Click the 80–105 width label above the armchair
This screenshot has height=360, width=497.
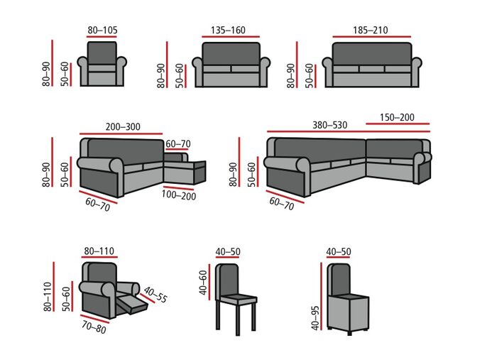tap(102, 30)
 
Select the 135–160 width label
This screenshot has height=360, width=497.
tap(228, 30)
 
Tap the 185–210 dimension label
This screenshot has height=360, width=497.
tap(370, 30)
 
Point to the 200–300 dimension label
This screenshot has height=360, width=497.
tap(123, 127)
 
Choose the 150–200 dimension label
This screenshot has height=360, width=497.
tap(398, 117)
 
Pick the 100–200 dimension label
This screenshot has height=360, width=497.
tap(178, 195)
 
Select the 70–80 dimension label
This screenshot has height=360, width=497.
tap(94, 327)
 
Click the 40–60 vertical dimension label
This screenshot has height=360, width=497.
tap(203, 283)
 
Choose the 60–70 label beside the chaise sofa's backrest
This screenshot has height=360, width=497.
tap(177, 143)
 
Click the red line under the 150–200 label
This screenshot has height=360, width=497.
tap(398, 125)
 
